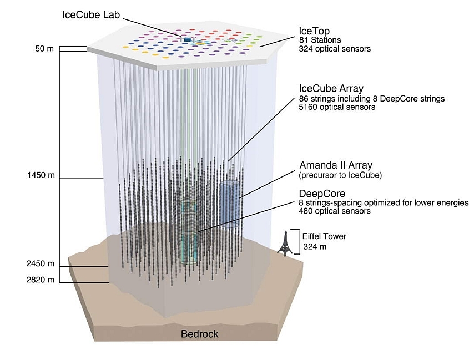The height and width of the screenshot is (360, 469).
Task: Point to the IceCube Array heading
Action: (331, 88)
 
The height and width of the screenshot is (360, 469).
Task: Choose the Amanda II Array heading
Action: (336, 166)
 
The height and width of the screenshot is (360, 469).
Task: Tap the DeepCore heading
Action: (322, 194)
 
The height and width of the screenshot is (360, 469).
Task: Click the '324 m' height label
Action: (314, 247)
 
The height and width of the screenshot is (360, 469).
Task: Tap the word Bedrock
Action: (200, 334)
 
